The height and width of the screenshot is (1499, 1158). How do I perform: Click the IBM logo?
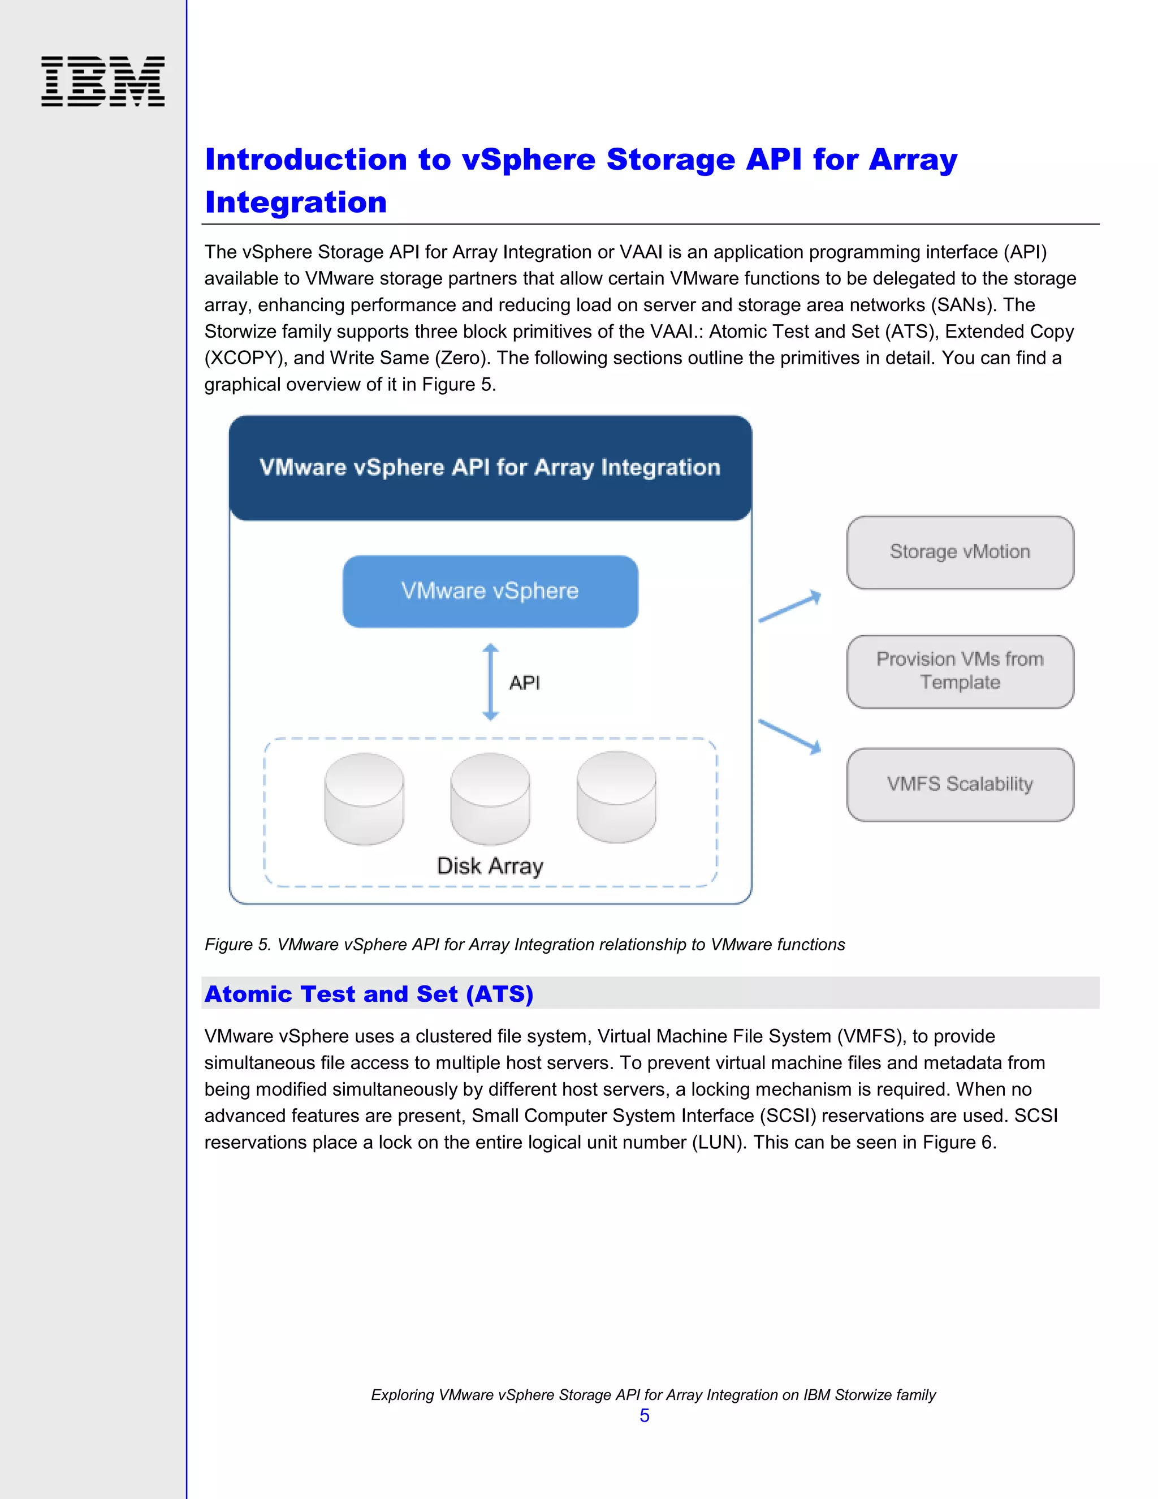click(103, 81)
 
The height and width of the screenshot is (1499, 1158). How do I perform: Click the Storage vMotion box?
click(960, 553)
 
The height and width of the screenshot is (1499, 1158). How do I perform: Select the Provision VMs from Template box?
click(960, 671)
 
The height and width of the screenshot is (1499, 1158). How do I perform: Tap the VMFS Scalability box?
click(960, 785)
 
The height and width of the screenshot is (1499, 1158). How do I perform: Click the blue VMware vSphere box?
click(490, 592)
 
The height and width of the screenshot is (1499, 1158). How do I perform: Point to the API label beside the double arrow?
click(525, 683)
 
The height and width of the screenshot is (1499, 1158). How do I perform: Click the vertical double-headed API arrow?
click(490, 682)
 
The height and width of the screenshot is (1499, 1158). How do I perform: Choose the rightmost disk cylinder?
click(616, 798)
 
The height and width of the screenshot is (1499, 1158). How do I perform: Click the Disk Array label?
click(490, 866)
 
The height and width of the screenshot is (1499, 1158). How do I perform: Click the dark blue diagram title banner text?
click(490, 467)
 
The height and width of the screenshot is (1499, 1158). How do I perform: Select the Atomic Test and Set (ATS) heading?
click(369, 994)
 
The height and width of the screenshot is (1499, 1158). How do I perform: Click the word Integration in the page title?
click(296, 203)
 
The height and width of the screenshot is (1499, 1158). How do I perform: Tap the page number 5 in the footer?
click(644, 1415)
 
